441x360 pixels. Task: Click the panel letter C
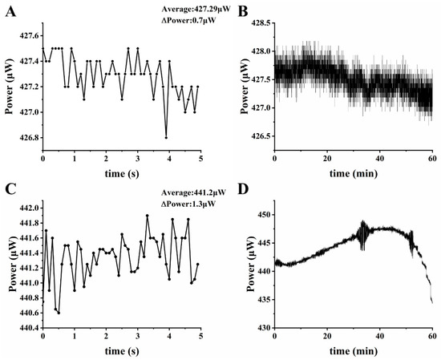pyautogui.click(x=7, y=190)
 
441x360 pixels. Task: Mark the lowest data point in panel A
pyautogui.click(x=166, y=138)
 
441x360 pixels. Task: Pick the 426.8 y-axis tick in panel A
pyautogui.click(x=27, y=138)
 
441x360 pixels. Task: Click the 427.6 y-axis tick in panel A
pyautogui.click(x=27, y=36)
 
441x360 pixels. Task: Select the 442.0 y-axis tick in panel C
pyautogui.click(x=27, y=208)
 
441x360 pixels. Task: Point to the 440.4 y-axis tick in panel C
pyautogui.click(x=27, y=328)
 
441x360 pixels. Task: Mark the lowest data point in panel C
pyautogui.click(x=59, y=313)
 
